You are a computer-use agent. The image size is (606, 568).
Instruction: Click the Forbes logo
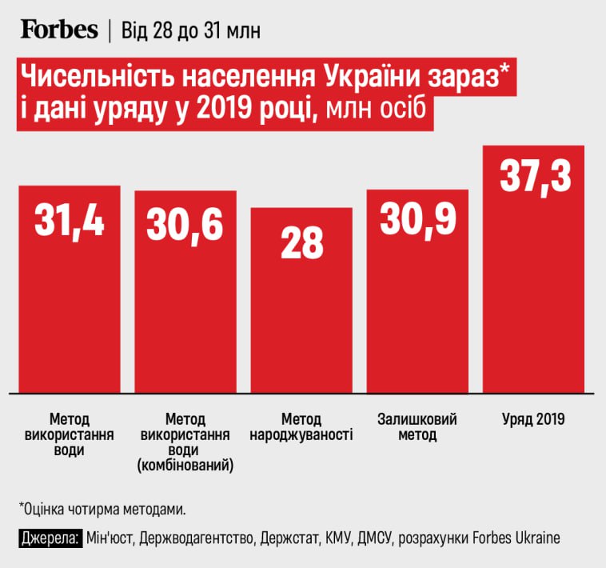[58, 30]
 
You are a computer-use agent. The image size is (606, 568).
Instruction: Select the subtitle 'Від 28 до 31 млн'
[189, 30]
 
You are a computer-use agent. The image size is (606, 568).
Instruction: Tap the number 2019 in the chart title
[233, 111]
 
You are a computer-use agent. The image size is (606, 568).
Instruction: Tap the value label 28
[301, 243]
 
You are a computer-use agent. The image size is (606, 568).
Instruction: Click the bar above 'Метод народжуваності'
[301, 320]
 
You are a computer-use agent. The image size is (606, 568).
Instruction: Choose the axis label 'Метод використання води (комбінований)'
[185, 442]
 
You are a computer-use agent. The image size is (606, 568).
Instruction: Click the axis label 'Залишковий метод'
[417, 428]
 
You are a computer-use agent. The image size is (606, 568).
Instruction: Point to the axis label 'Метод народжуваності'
[301, 428]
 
